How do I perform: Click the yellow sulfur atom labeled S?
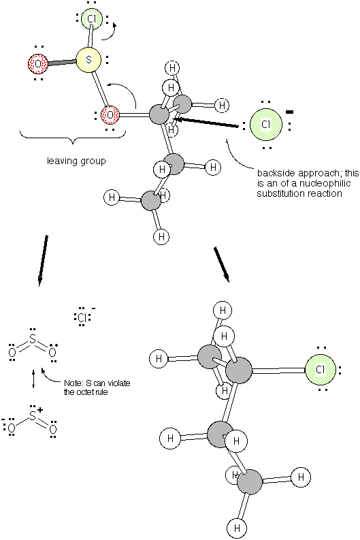[x=88, y=60]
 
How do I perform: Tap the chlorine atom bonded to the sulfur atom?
[x=92, y=19]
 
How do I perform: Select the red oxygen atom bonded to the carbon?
[x=110, y=114]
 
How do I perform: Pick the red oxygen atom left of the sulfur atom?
[x=38, y=64]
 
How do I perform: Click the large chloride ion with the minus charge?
[x=266, y=125]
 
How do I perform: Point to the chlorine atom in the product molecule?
[x=320, y=370]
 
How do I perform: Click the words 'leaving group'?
[x=76, y=161]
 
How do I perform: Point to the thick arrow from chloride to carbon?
[x=206, y=123]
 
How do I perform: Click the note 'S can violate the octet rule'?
[x=97, y=387]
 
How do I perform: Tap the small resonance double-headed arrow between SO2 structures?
[x=33, y=379]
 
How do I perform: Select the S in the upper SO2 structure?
[x=33, y=340]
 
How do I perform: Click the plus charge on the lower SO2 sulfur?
[x=40, y=410]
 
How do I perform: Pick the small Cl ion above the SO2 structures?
[x=82, y=317]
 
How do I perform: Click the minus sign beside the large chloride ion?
[x=290, y=112]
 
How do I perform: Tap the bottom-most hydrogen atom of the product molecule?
[x=237, y=528]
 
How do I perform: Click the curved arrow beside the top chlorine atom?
[x=110, y=33]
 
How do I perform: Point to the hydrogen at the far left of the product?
[x=159, y=358]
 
